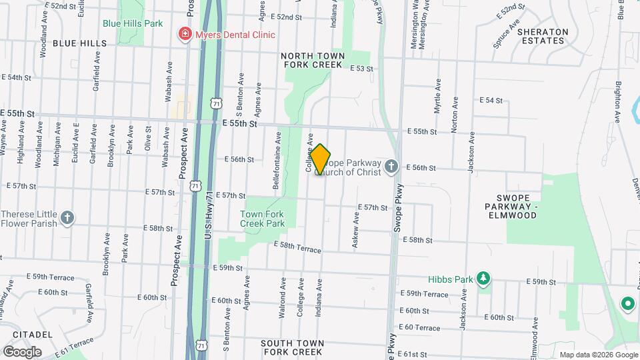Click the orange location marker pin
pyautogui.click(x=321, y=159)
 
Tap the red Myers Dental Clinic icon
pyautogui.click(x=182, y=34)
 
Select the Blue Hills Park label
pyautogui.click(x=133, y=23)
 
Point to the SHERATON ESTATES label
pyautogui.click(x=542, y=36)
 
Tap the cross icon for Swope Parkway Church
pyautogui.click(x=391, y=166)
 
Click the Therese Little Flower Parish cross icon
pyautogui.click(x=67, y=217)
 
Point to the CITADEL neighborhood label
pyautogui.click(x=27, y=334)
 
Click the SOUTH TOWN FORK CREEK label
pyautogui.click(x=293, y=347)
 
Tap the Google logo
pyautogui.click(x=21, y=351)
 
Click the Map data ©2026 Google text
pyautogui.click(x=598, y=355)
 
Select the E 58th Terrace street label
pyautogui.click(x=297, y=247)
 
